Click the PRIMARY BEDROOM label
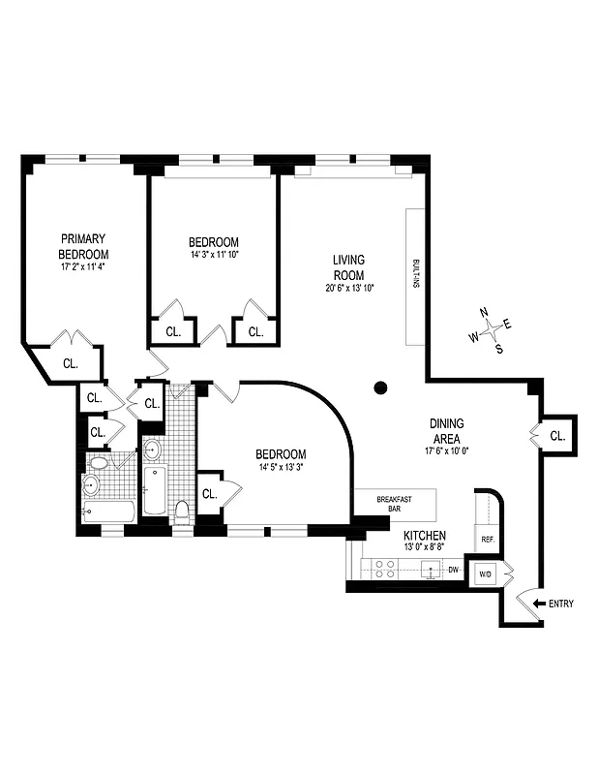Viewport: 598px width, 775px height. point(82,246)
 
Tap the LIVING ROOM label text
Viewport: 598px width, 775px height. point(348,267)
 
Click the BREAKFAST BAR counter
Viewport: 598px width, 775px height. point(395,505)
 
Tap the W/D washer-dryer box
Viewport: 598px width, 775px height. point(485,574)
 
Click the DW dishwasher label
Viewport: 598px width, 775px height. point(452,570)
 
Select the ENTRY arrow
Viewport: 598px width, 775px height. point(539,604)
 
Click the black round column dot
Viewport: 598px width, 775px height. point(380,387)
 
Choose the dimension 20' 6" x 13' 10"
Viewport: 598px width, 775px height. point(348,288)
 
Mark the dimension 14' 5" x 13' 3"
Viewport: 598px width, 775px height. point(281,468)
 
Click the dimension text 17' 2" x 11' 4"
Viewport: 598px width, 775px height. point(82,265)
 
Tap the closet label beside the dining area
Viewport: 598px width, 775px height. point(556,436)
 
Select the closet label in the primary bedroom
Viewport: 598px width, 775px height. point(71,364)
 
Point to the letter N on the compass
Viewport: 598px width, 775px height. point(483,312)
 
